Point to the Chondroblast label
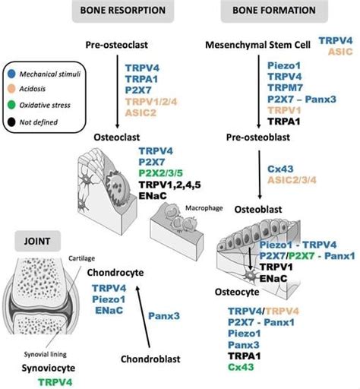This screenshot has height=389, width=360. click(155, 358)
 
